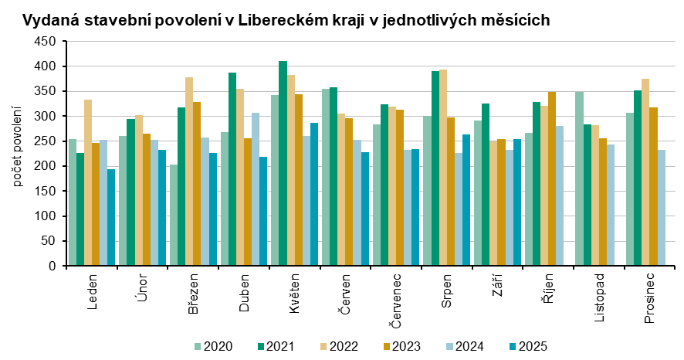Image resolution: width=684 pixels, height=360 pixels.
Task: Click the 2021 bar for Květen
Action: [x=283, y=163]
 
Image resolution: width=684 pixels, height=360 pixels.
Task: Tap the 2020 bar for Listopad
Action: [x=579, y=178]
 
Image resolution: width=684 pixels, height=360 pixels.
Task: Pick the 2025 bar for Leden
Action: [x=111, y=217]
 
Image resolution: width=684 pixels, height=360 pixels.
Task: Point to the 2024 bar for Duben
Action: [x=256, y=189]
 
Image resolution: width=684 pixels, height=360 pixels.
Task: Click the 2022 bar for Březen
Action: [x=189, y=172]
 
